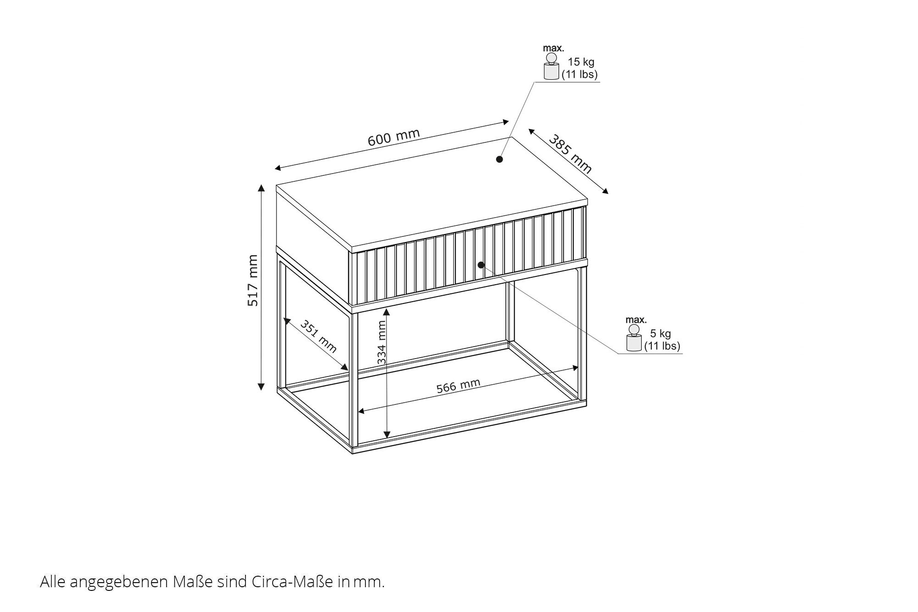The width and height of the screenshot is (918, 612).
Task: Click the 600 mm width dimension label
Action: point(394,137)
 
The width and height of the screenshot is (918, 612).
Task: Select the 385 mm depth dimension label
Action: point(571,154)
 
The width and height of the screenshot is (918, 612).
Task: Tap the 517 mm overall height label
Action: point(253,280)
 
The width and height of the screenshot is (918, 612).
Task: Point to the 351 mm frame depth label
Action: point(319,336)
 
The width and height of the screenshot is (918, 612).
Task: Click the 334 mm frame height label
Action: point(381,342)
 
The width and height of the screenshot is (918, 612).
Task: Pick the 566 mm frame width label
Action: point(458,386)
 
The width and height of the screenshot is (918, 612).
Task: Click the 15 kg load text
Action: point(581,62)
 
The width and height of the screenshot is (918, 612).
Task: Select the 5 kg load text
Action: point(661,334)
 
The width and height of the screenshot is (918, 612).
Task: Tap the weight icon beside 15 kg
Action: point(551,67)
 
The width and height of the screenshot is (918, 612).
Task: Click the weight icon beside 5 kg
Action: point(634,338)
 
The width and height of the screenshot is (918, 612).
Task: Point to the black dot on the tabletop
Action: point(499,159)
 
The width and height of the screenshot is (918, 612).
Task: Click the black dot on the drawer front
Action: point(481,265)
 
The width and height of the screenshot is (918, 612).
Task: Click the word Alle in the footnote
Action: point(51,582)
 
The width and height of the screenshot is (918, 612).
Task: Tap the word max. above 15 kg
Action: point(554,48)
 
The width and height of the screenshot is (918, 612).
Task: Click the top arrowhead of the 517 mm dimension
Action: point(261,187)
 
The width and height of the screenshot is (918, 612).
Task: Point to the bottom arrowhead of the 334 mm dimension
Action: point(387,434)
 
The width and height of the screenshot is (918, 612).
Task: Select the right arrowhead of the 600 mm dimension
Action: point(506,122)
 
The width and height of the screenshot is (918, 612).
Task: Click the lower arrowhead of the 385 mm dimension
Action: point(605,191)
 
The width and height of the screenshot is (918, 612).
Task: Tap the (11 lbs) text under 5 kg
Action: point(662,346)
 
